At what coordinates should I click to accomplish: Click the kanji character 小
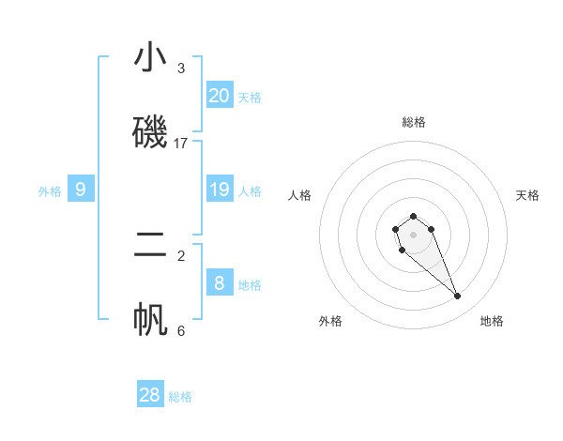point(150,57)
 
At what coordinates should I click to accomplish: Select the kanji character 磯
point(150,131)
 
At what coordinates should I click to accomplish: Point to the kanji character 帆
point(150,319)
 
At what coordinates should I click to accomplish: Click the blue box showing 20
point(220,95)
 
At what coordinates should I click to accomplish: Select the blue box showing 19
point(220,190)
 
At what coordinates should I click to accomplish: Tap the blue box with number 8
point(220,282)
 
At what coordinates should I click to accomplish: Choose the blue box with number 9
point(81,190)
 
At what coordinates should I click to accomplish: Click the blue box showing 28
point(150,395)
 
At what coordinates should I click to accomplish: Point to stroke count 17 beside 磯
point(181,144)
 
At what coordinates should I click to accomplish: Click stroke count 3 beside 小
point(181,68)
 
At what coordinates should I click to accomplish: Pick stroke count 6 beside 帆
point(181,330)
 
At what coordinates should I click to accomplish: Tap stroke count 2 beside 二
point(181,255)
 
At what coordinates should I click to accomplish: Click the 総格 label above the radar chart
point(413,122)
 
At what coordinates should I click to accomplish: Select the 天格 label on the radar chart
point(527,195)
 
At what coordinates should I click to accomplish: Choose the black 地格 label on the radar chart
point(492,321)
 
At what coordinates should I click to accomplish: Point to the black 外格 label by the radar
point(330,321)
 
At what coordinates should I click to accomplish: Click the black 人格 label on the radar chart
point(299,195)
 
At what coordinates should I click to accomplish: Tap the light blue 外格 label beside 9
point(50,191)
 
